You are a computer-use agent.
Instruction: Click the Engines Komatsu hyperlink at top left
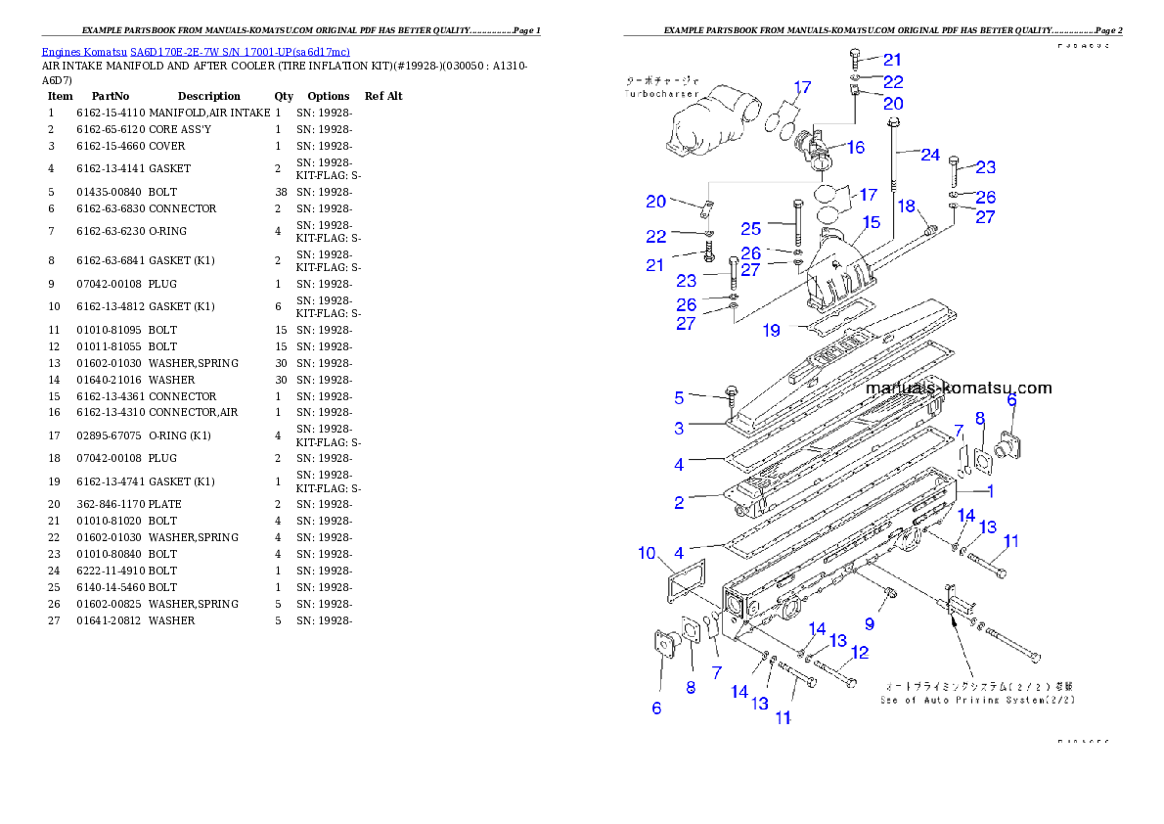196,52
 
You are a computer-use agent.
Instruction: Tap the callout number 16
856,147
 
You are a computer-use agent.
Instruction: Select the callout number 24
930,155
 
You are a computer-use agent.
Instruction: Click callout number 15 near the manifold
871,223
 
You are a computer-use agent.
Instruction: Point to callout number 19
772,331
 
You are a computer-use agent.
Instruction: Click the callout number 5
678,397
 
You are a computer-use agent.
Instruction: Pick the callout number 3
678,428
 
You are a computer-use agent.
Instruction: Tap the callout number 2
678,503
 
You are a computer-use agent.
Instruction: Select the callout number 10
647,554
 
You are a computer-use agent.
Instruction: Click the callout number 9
869,623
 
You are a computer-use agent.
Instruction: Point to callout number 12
859,653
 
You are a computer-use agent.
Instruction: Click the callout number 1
989,491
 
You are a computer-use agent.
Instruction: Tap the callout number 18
907,206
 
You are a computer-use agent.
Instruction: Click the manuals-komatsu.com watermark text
958,388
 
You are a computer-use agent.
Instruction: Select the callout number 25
751,228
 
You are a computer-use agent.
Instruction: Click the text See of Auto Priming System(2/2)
976,700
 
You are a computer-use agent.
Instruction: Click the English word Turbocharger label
661,94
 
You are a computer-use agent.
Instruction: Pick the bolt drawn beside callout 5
732,394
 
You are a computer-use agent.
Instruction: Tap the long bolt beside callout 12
834,674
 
